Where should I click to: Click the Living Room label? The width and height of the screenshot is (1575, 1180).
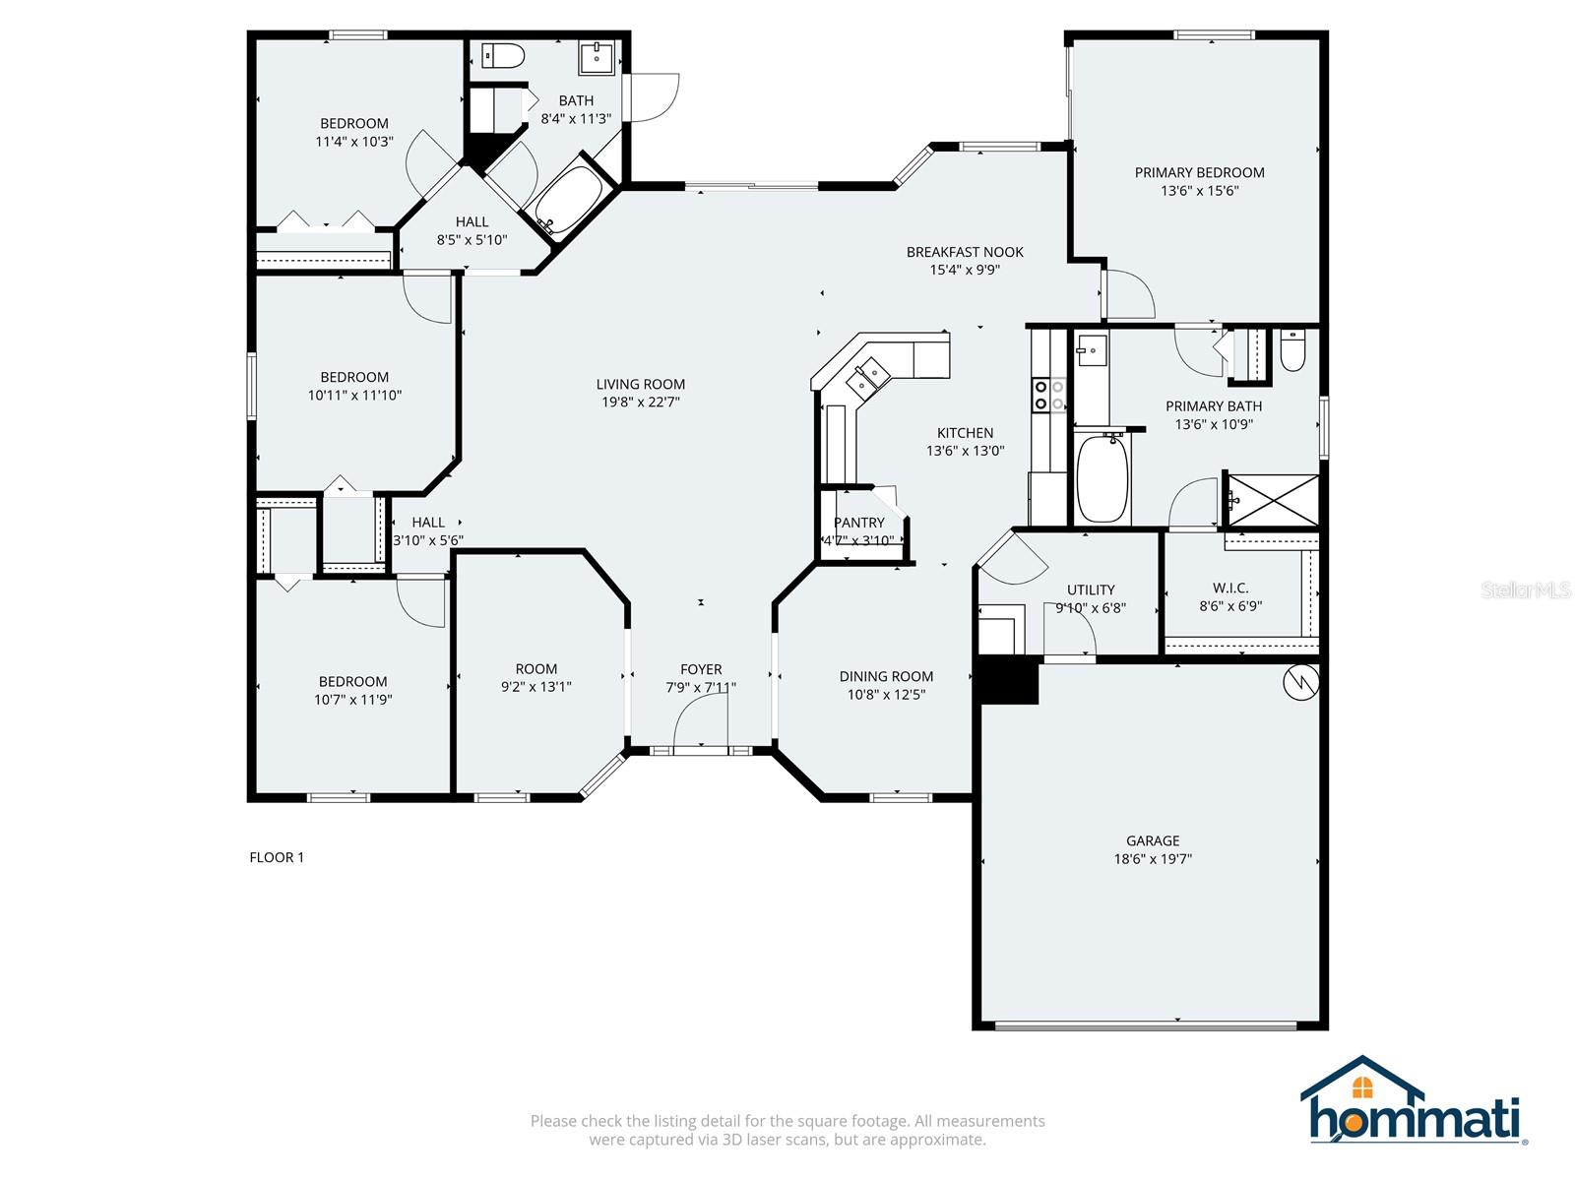640,384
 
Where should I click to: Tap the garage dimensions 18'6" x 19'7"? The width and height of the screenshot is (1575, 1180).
1152,859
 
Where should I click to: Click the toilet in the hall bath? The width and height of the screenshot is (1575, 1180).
502,56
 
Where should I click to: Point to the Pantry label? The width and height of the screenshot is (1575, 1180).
858,523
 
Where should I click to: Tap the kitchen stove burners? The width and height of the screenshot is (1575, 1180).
1047,395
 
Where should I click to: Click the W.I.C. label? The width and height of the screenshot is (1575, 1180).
1230,588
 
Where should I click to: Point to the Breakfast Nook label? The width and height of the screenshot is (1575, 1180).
965,252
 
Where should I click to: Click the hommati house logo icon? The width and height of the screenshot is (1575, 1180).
1362,1087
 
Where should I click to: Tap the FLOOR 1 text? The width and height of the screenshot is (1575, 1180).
277,857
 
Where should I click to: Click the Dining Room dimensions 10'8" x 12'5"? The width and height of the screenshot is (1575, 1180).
886,695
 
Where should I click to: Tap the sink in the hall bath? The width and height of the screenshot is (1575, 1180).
597,58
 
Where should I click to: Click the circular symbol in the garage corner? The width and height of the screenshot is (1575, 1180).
1300,682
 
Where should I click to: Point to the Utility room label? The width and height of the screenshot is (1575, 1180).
1091,590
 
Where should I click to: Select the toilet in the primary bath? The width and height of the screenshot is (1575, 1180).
1292,352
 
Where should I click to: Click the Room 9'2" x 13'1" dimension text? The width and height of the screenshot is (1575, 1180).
535,687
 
